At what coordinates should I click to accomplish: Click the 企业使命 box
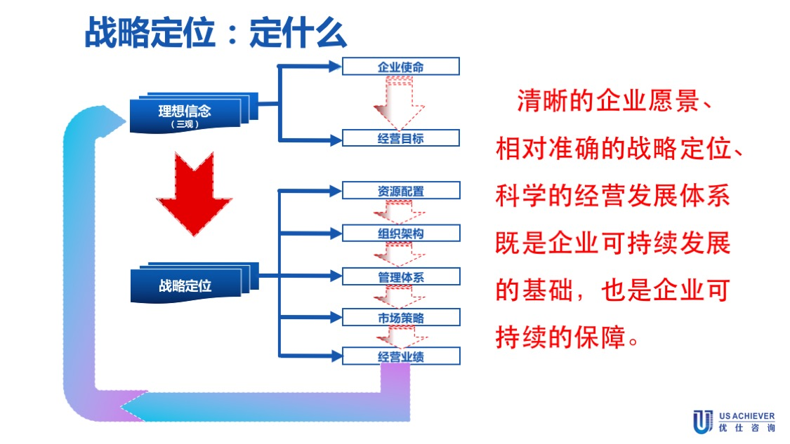(400, 67)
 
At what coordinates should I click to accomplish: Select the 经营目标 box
(400, 138)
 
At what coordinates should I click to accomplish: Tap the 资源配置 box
(400, 191)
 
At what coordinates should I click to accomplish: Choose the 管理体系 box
(400, 277)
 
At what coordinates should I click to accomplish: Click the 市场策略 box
(400, 318)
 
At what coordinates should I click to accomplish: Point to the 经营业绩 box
(400, 356)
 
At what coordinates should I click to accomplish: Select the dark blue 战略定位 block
(185, 285)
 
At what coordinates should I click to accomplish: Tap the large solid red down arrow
(184, 193)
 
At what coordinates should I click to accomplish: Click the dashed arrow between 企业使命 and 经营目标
(399, 102)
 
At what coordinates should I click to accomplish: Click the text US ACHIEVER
(747, 415)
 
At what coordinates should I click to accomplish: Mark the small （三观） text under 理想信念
(185, 125)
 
